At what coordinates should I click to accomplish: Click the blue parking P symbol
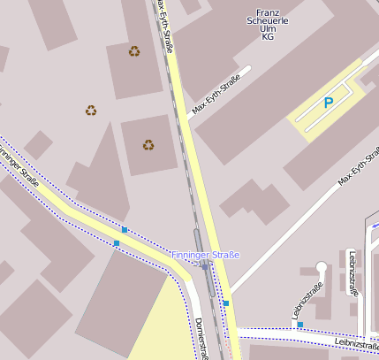pyautogui.click(x=329, y=103)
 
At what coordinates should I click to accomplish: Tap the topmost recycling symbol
pyautogui.click(x=134, y=50)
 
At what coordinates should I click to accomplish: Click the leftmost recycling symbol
pyautogui.click(x=91, y=111)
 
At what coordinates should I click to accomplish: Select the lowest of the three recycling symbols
pyautogui.click(x=148, y=144)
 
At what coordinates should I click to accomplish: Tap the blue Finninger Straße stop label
pyautogui.click(x=205, y=255)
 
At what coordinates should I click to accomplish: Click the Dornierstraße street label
pyautogui.click(x=201, y=338)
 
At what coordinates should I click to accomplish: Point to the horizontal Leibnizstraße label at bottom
pyautogui.click(x=356, y=342)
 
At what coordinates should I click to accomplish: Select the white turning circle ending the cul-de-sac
pyautogui.click(x=322, y=265)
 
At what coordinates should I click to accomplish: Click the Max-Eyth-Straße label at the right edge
pyautogui.click(x=358, y=166)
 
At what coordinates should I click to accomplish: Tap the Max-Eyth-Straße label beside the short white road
pyautogui.click(x=216, y=96)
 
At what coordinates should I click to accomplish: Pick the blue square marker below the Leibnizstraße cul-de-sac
pyautogui.click(x=300, y=325)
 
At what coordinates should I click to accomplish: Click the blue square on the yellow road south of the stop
pyautogui.click(x=226, y=303)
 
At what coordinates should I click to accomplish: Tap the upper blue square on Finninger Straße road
pyautogui.click(x=125, y=230)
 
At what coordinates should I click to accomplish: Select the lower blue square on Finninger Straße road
pyautogui.click(x=117, y=242)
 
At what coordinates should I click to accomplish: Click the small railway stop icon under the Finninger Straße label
pyautogui.click(x=203, y=266)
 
